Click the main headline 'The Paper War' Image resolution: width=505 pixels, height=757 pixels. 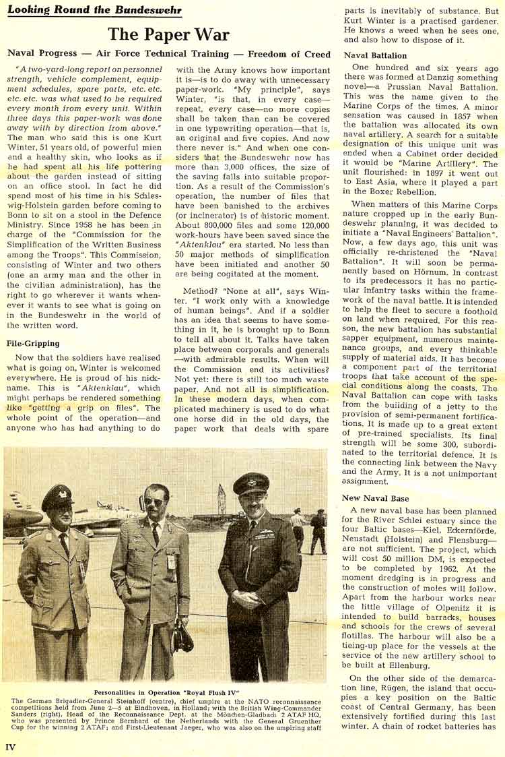click(x=169, y=34)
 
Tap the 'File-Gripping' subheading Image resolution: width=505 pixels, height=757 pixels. click(x=33, y=343)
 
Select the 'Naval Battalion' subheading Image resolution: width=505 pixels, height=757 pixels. click(x=375, y=55)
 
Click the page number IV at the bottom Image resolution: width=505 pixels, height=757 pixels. click(x=10, y=747)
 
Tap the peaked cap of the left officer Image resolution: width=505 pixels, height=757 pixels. click(x=58, y=497)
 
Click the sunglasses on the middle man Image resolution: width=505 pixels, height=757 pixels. click(x=154, y=501)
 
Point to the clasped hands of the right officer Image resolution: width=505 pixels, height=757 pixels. click(x=246, y=597)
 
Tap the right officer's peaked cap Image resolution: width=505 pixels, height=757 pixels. click(x=250, y=484)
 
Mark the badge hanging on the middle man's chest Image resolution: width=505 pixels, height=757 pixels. click(x=172, y=561)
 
